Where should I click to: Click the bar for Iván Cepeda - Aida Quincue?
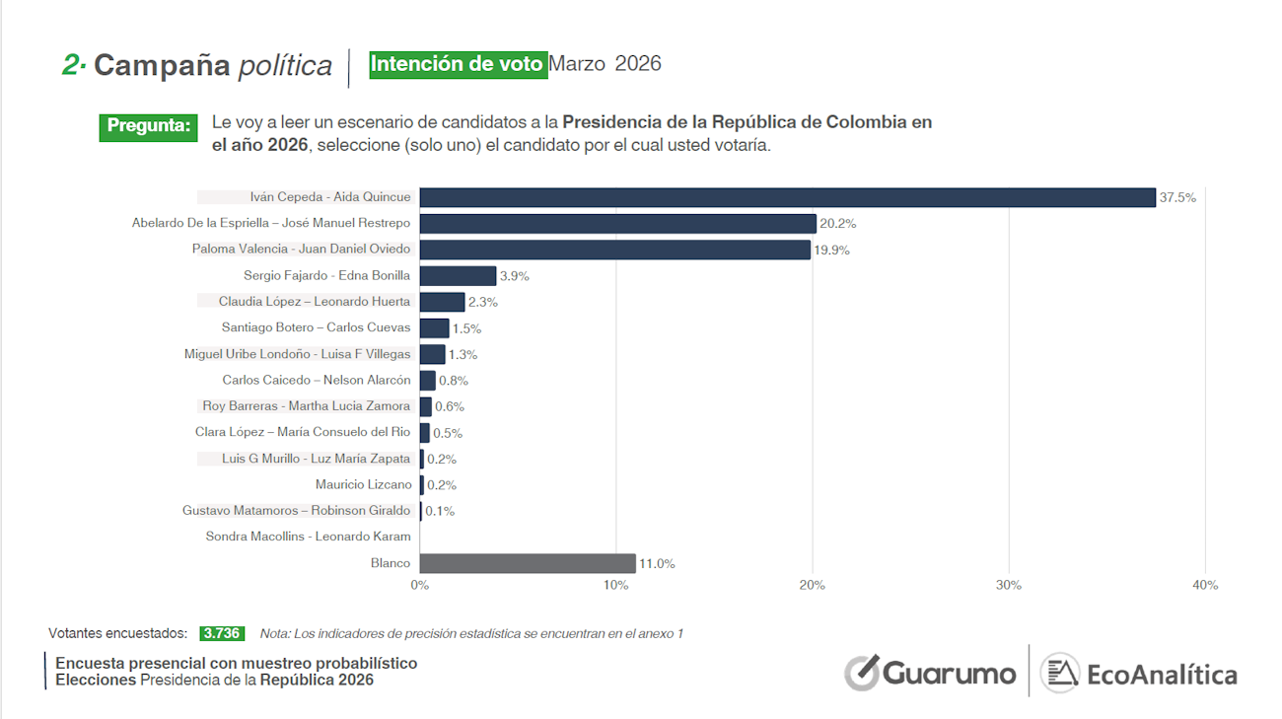787,197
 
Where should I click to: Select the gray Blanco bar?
528,563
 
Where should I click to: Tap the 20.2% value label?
837,224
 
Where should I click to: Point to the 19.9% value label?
831,250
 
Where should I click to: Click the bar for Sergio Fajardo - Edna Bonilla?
458,276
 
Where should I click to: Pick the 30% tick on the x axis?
1009,585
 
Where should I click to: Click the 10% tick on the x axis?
615,585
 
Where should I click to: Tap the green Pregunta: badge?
149,126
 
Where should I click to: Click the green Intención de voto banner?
458,64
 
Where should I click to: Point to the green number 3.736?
221,633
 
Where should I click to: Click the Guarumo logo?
930,674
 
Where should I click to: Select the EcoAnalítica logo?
1140,675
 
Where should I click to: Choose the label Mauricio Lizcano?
363,484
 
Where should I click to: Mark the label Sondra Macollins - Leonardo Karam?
308,537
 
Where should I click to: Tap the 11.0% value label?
657,564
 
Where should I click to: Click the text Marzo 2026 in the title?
605,64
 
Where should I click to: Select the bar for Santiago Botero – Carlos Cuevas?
434,328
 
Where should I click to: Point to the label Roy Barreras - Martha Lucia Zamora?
306,405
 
